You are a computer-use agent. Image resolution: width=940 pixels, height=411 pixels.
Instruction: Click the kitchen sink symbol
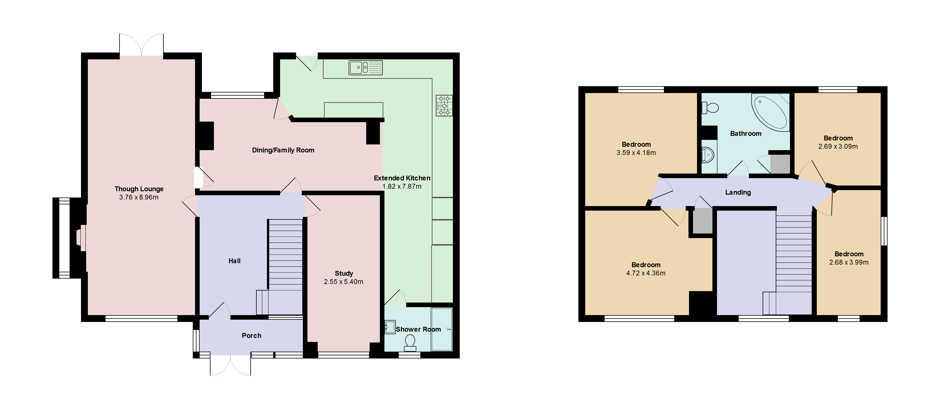coord(365,68)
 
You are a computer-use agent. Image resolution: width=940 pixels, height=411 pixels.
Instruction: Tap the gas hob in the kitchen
coord(444,106)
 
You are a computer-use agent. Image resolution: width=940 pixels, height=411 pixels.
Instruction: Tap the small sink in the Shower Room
coord(390,327)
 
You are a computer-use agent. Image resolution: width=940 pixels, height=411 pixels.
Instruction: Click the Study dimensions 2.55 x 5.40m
coord(343,282)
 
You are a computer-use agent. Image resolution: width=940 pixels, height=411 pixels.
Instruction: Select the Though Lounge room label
coord(139,189)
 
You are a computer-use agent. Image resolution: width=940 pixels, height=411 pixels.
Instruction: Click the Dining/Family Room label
coord(283,150)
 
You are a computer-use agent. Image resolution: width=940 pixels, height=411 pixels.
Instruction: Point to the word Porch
coord(252,336)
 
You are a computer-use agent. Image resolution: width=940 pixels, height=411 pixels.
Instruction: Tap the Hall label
coord(234,261)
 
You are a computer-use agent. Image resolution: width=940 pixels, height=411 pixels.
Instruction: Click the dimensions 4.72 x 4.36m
coord(646,273)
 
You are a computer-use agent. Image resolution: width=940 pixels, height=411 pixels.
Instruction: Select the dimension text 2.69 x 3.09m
coord(838,146)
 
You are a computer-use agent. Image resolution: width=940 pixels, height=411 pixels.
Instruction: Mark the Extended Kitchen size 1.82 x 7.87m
coord(402,186)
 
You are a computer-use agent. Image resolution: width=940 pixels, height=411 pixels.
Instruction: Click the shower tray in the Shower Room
coord(441,329)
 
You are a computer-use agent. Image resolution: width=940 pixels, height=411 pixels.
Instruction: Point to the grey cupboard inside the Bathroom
coord(780,164)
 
